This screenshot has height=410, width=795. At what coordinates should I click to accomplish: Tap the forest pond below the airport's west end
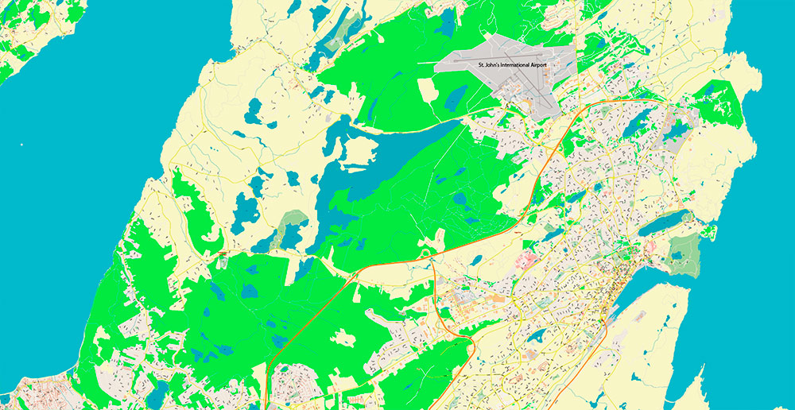point(455,98)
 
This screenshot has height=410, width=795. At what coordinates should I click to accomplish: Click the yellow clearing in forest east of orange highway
point(343,338)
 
